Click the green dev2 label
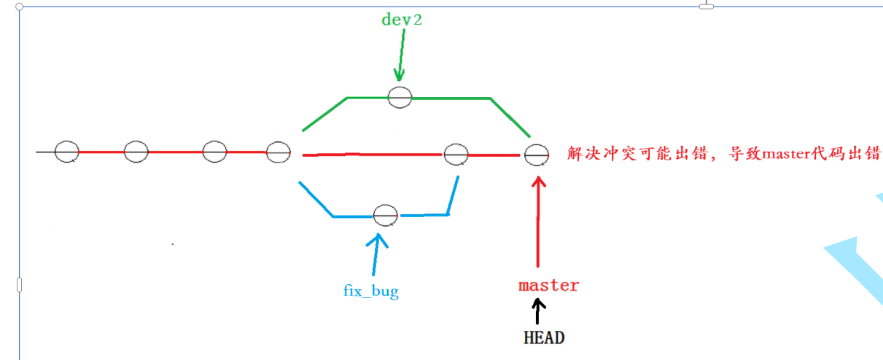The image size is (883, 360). [x=402, y=20]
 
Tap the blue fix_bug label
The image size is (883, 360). [x=371, y=291]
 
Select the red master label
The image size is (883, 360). [x=548, y=285]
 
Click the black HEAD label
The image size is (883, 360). [x=543, y=337]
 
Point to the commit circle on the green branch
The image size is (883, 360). [x=400, y=96]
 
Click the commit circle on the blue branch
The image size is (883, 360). [x=385, y=216]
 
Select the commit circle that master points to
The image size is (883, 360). [x=537, y=154]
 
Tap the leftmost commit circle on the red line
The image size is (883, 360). [x=66, y=152]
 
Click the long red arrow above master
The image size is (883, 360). [x=539, y=219]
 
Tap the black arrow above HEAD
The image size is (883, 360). [x=539, y=311]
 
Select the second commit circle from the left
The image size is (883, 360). [x=136, y=152]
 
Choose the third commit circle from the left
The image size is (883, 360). [x=214, y=152]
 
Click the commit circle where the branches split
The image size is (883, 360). [x=279, y=152]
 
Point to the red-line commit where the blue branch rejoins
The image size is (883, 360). [x=456, y=154]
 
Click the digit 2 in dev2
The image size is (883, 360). [x=417, y=20]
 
